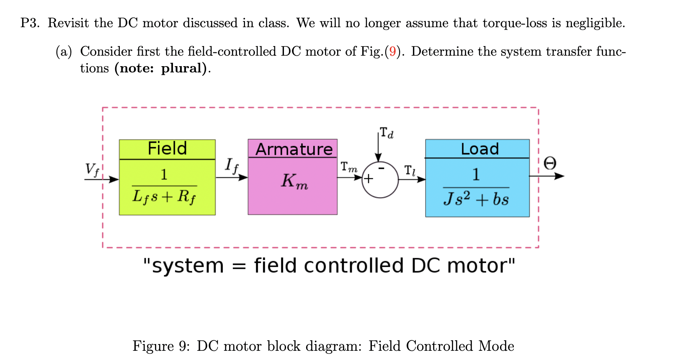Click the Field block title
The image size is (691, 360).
tap(167, 149)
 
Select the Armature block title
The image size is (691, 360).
tap(294, 149)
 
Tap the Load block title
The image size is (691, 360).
tap(480, 149)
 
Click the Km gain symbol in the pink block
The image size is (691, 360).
tap(294, 181)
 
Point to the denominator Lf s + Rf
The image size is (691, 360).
tap(164, 196)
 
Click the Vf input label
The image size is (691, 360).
tap(92, 170)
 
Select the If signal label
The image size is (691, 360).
tap(231, 165)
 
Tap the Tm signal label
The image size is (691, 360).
tap(349, 167)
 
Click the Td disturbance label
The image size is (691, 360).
tap(387, 133)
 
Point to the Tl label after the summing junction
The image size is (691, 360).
tap(410, 170)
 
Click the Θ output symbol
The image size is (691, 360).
tap(550, 163)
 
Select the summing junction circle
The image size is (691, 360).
tap(380, 180)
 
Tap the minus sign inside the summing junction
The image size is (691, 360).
tap(381, 168)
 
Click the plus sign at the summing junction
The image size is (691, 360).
tap(368, 179)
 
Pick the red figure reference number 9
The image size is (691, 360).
tap(392, 51)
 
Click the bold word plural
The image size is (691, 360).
tap(183, 68)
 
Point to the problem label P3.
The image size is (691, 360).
tap(29, 23)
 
